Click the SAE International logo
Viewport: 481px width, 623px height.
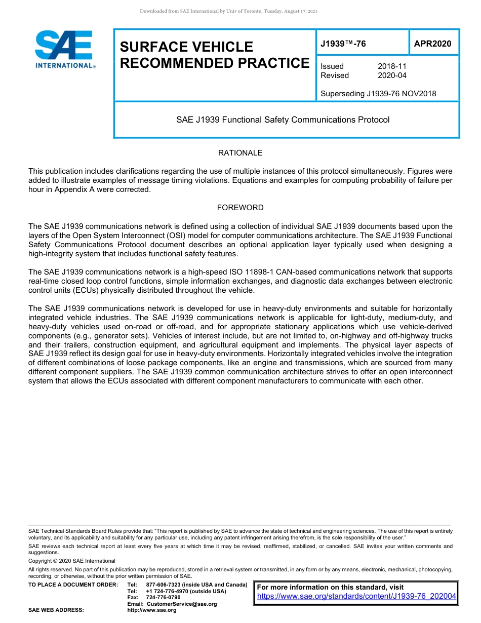click(64, 49)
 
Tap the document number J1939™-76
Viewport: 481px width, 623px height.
click(343, 44)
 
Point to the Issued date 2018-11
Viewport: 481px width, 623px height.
click(392, 66)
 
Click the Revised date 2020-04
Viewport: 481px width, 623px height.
click(392, 75)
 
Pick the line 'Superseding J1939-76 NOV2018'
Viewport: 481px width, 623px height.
click(378, 93)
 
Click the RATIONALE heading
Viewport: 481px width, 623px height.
click(240, 152)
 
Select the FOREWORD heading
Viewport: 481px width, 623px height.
click(240, 207)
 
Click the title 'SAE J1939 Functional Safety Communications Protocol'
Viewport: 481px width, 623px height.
click(283, 120)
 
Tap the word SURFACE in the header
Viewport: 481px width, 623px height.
click(152, 47)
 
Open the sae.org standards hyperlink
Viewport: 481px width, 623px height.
click(356, 596)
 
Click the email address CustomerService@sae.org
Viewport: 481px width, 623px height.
click(181, 604)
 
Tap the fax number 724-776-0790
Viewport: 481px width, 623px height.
click(163, 597)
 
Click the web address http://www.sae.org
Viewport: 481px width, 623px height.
click(152, 610)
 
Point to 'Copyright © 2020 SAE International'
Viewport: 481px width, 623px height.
click(72, 561)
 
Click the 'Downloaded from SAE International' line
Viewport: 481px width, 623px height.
click(228, 11)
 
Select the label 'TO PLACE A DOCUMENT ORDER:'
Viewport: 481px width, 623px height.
click(73, 585)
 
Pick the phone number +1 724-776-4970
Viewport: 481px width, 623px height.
click(167, 591)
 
